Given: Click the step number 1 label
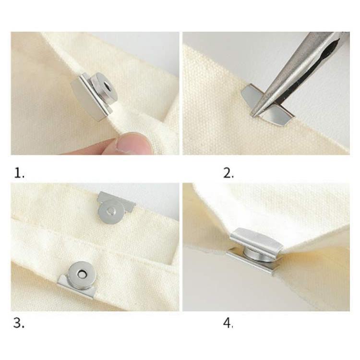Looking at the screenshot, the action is coord(19,173).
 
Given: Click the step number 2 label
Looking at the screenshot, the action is coord(228,173).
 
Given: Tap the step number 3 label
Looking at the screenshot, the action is coord(19,323).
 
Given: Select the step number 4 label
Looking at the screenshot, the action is coord(228,323).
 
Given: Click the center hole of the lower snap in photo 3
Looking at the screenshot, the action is coord(81,274).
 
